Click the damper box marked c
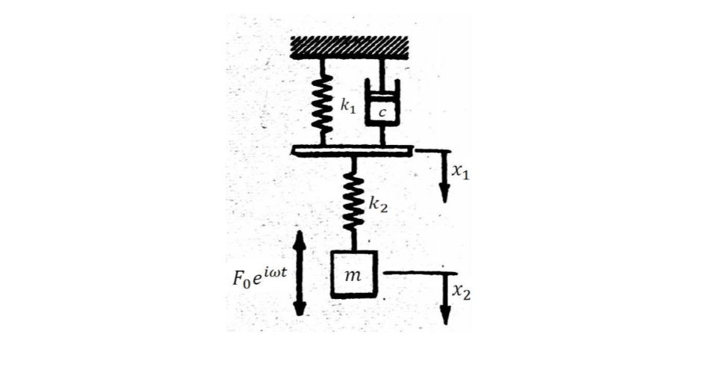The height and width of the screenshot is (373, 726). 382,109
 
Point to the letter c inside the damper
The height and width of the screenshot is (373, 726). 382,113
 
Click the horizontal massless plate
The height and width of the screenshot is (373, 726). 351,152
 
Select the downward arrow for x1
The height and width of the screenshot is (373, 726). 443,179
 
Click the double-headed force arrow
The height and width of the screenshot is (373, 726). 300,274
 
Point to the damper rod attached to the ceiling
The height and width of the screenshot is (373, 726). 382,69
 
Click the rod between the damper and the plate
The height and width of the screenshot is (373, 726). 382,136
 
